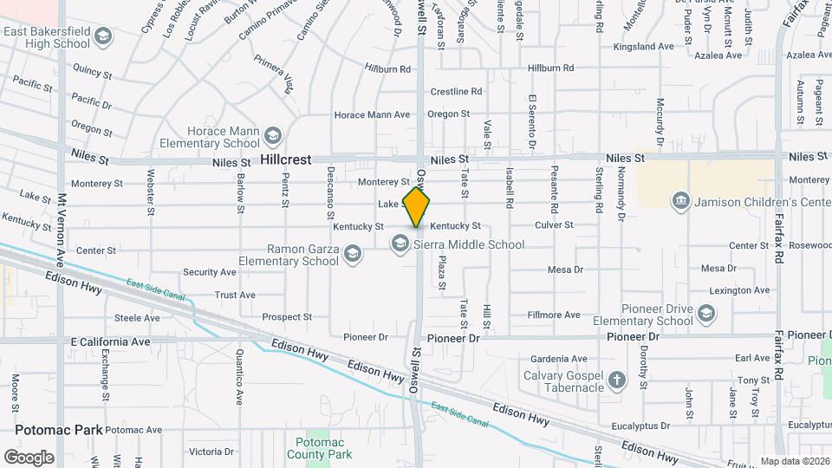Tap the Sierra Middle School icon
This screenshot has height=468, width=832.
pyautogui.click(x=400, y=244)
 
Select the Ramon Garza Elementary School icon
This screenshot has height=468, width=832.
pyautogui.click(x=352, y=254)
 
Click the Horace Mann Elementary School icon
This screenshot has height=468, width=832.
pyautogui.click(x=274, y=136)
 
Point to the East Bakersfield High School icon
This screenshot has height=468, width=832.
pyautogui.click(x=103, y=36)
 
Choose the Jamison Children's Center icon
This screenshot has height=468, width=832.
pyautogui.click(x=681, y=202)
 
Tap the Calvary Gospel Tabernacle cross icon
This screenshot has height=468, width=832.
pyautogui.click(x=616, y=380)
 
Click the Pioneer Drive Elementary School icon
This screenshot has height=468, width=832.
pyautogui.click(x=706, y=314)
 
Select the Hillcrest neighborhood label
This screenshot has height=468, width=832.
pyautogui.click(x=286, y=160)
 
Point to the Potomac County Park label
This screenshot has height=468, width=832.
pyautogui.click(x=319, y=448)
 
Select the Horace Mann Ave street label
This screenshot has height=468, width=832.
pyautogui.click(x=372, y=114)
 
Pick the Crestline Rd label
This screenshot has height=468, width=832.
pyautogui.click(x=456, y=91)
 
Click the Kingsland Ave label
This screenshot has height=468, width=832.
pyautogui.click(x=642, y=46)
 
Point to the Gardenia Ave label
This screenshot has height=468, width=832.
pyautogui.click(x=553, y=358)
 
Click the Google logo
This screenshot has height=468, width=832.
pyautogui.click(x=29, y=457)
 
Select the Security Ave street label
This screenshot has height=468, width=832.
pyautogui.click(x=210, y=272)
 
